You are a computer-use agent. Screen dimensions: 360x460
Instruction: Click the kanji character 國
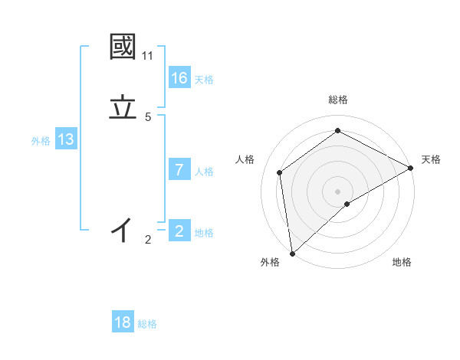click(x=123, y=47)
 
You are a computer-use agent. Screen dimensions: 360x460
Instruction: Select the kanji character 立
click(x=123, y=107)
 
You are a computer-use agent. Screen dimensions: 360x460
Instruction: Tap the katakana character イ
click(x=123, y=229)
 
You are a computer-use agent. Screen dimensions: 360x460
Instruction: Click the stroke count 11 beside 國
click(x=147, y=56)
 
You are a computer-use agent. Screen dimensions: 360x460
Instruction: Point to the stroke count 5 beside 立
click(x=148, y=117)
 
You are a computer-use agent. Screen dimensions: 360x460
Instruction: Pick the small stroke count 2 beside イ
click(x=148, y=240)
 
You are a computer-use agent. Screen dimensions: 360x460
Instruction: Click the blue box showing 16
click(x=179, y=78)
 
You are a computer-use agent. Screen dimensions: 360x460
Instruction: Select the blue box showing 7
click(x=179, y=170)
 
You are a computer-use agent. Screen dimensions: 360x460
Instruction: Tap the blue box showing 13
click(x=66, y=139)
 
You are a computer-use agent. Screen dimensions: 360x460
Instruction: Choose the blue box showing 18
click(x=123, y=322)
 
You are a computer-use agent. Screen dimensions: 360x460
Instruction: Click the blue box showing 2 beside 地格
click(x=179, y=231)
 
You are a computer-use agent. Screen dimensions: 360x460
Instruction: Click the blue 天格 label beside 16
click(x=204, y=80)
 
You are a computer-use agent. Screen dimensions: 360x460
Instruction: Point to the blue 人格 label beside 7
click(x=204, y=172)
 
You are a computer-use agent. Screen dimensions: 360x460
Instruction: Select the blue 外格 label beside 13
click(x=41, y=141)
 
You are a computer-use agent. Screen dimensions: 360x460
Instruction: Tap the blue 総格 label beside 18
click(x=147, y=324)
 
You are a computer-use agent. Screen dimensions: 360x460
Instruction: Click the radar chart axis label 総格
click(x=338, y=100)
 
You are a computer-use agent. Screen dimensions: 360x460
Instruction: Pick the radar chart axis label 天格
click(x=431, y=159)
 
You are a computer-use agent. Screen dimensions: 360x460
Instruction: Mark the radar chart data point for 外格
click(x=292, y=253)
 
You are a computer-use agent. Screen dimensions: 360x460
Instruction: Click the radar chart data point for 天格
click(x=411, y=168)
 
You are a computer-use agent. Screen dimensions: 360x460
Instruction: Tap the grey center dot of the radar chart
click(x=338, y=191)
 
